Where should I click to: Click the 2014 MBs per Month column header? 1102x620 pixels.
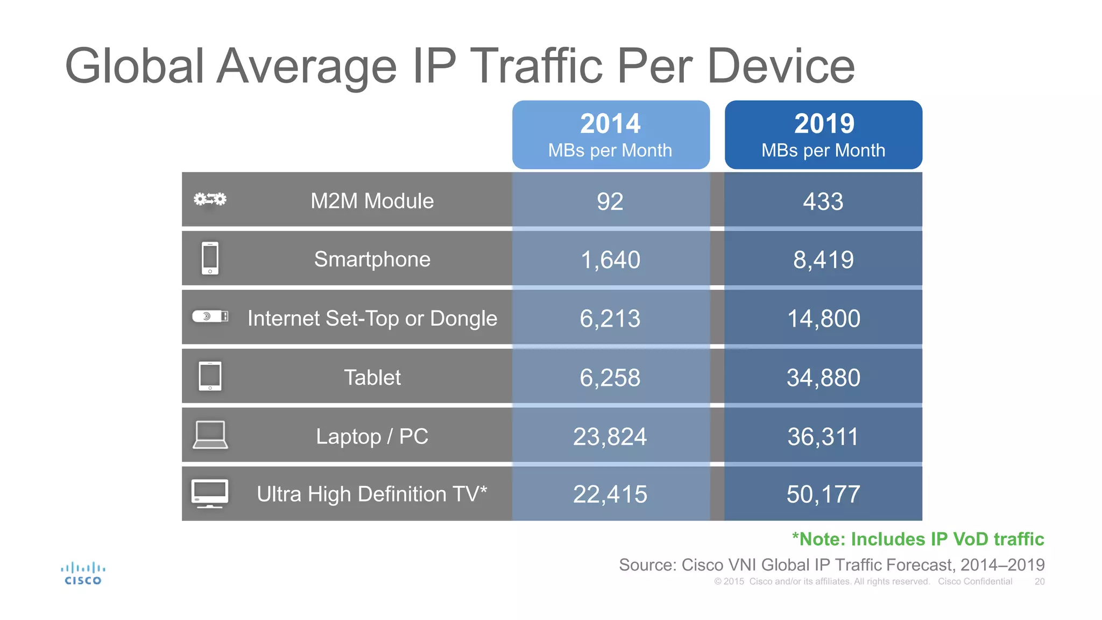point(611,135)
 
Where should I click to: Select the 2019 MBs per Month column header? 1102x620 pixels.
point(823,135)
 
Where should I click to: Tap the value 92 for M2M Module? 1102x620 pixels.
point(610,201)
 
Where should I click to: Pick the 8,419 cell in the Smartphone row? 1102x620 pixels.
point(823,260)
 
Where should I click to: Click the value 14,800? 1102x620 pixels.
point(823,319)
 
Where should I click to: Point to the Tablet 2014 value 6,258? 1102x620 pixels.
point(610,377)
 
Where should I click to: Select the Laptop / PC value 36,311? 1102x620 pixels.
point(823,436)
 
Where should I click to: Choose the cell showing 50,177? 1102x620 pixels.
point(823,494)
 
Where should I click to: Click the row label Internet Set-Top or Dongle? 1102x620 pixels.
point(372,319)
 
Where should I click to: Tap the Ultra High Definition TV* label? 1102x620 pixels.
point(372,494)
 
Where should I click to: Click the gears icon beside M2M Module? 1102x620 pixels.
point(210,200)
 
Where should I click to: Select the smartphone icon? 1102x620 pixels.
point(210,258)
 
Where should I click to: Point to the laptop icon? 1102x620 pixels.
point(210,435)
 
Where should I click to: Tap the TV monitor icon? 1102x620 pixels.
point(210,493)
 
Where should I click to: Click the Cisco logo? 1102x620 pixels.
point(83,574)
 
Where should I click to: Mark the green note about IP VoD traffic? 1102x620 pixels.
point(918,539)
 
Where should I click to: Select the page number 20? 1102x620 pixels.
point(1039,582)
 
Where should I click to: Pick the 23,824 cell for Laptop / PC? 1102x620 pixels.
point(610,436)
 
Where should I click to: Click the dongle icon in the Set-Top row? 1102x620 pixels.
point(210,316)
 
